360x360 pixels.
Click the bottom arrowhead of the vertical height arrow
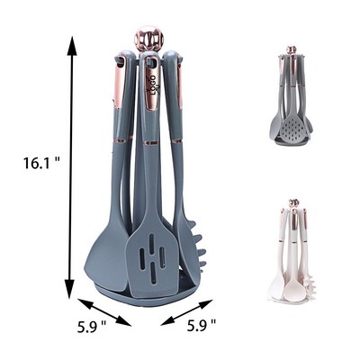(70, 292)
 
